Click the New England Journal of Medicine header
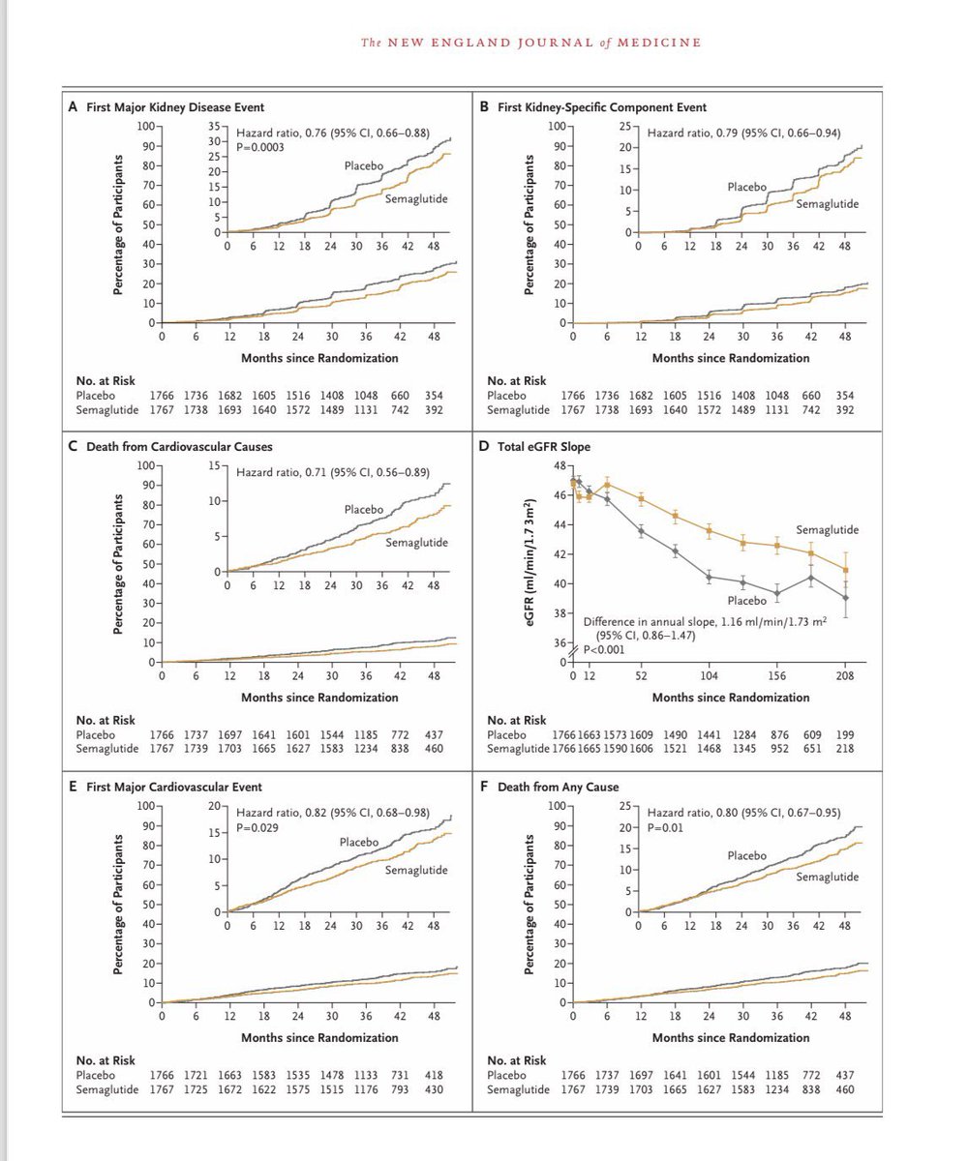pyautogui.click(x=530, y=43)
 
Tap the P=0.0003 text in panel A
pyautogui.click(x=259, y=147)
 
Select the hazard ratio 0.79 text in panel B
pyautogui.click(x=743, y=133)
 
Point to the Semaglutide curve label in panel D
pyautogui.click(x=828, y=530)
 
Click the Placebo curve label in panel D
pyautogui.click(x=747, y=601)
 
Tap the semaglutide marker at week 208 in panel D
pyautogui.click(x=846, y=570)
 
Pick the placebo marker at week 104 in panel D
pyautogui.click(x=710, y=578)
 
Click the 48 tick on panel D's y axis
pyautogui.click(x=560, y=465)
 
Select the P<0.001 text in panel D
pyautogui.click(x=604, y=649)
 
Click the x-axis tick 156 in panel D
pyautogui.click(x=777, y=675)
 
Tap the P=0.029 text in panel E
pyautogui.click(x=257, y=827)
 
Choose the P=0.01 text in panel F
pyautogui.click(x=665, y=827)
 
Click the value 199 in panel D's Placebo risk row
pyautogui.click(x=844, y=734)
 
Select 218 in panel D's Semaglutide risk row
pyautogui.click(x=844, y=749)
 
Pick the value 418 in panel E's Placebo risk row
pyautogui.click(x=434, y=1075)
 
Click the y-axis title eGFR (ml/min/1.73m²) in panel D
pyautogui.click(x=529, y=563)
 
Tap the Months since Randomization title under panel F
pyautogui.click(x=731, y=1037)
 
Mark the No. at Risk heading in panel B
pyautogui.click(x=517, y=381)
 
